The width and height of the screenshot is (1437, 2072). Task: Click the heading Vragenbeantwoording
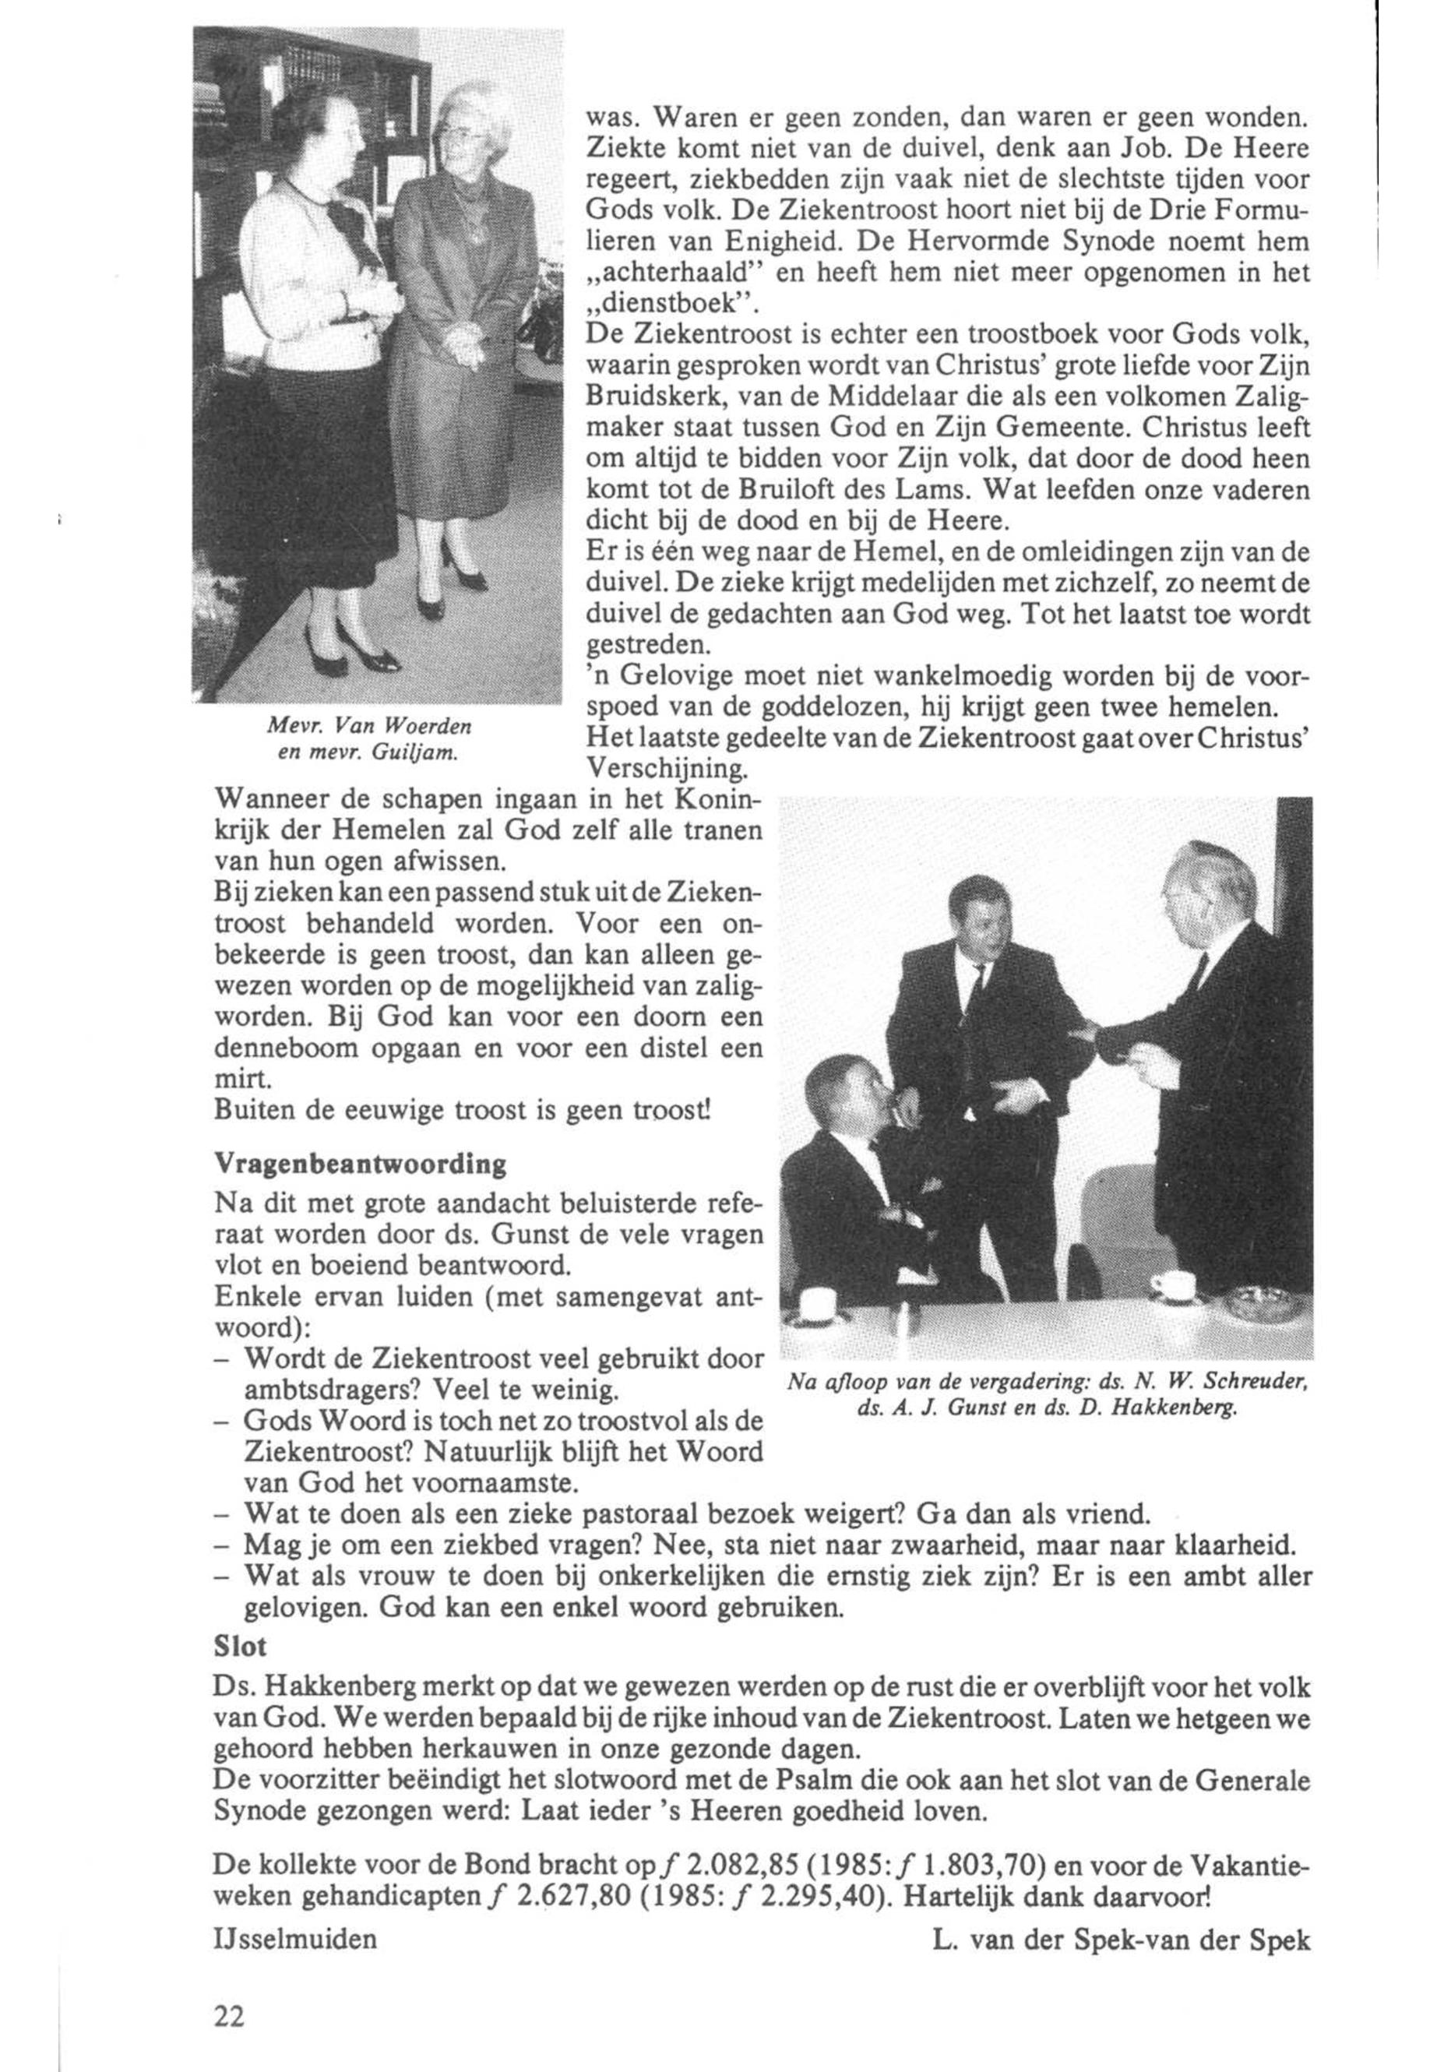tap(359, 1164)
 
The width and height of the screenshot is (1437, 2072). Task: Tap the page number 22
tap(230, 2017)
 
